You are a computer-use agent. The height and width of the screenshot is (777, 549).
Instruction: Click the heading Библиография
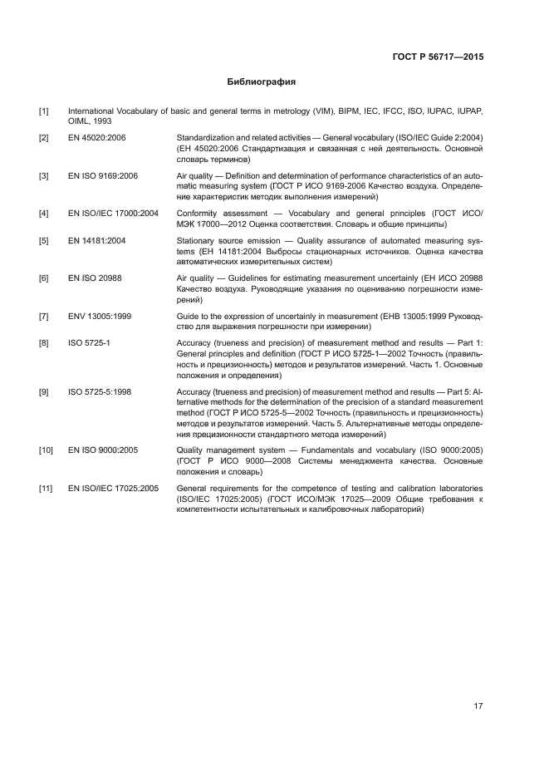click(x=262, y=83)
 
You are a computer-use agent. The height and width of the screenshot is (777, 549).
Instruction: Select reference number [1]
click(x=43, y=111)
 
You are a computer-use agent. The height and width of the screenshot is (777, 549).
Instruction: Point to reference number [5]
click(x=43, y=241)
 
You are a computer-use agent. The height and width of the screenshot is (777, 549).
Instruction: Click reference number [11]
click(x=46, y=488)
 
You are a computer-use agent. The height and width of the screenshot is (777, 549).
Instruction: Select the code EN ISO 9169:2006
click(x=103, y=176)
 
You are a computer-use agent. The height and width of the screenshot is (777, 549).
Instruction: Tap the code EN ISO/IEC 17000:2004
click(x=113, y=214)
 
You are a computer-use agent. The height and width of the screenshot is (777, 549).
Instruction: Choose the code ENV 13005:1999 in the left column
click(x=100, y=317)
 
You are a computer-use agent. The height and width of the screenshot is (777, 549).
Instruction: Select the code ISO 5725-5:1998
click(x=100, y=391)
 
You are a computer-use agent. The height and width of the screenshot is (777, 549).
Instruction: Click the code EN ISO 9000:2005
click(x=103, y=450)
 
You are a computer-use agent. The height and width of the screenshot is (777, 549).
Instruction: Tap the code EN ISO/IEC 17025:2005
click(x=113, y=488)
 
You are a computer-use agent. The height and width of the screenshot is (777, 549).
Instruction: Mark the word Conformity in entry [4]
click(x=199, y=214)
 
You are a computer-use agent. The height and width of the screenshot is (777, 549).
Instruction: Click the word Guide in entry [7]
click(x=188, y=317)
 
